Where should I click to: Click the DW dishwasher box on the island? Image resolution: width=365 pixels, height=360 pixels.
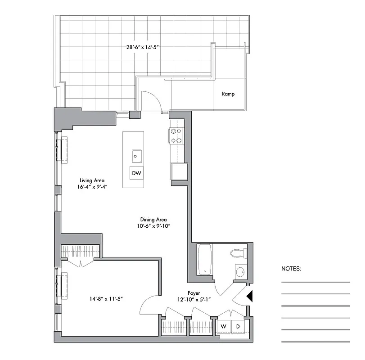click(136, 173)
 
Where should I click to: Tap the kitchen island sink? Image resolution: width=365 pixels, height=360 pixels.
click(137, 156)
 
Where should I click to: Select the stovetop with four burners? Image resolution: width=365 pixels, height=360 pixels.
click(176, 135)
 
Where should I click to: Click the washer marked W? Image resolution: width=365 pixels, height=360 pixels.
click(223, 326)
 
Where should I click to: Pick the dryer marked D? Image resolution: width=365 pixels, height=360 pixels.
click(238, 326)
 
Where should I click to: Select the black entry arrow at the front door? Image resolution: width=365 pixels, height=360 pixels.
click(251, 296)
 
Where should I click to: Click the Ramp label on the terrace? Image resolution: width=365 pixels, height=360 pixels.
click(228, 94)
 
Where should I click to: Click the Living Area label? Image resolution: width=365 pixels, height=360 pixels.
click(93, 180)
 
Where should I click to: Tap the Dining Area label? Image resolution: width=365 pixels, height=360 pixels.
click(153, 220)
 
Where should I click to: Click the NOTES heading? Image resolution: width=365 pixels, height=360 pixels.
click(291, 269)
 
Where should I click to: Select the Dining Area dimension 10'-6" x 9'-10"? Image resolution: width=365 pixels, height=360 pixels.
click(153, 226)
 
